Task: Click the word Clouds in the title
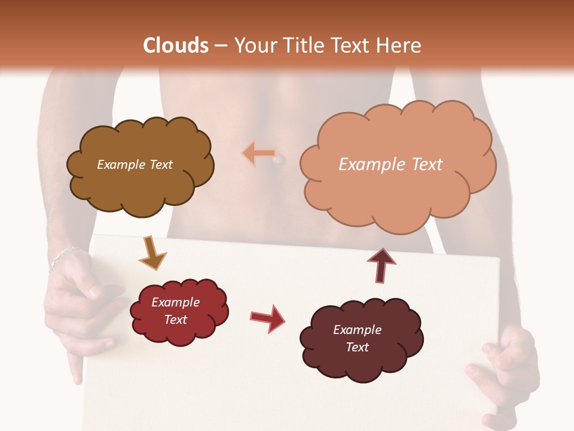[x=176, y=45]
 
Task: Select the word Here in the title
[x=399, y=45]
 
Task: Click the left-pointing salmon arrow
[x=258, y=154]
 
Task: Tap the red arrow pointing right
[x=268, y=318]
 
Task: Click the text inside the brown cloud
[x=135, y=165]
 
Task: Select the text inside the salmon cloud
[x=390, y=165]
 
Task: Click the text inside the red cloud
[x=175, y=311]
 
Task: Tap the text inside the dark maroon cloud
[x=357, y=338]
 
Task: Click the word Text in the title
[x=356, y=45]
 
